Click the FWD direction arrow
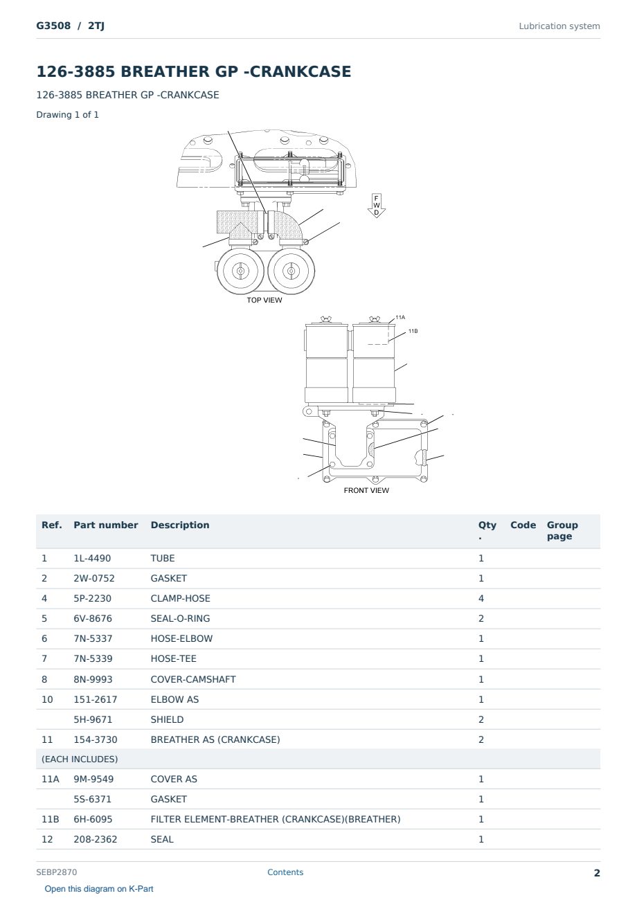click(376, 206)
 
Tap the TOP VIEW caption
click(264, 300)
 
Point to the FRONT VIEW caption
click(366, 490)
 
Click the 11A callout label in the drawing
click(400, 317)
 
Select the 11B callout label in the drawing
click(413, 331)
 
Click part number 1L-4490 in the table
click(92, 558)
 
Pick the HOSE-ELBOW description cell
click(181, 638)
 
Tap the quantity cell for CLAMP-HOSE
click(481, 598)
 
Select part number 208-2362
click(96, 839)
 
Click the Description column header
click(179, 525)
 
